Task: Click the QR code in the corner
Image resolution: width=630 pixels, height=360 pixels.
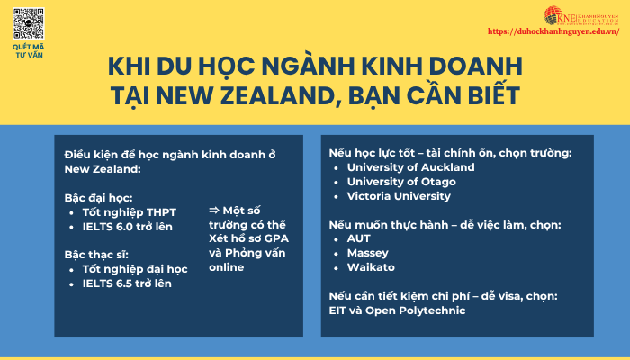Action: (x=29, y=22)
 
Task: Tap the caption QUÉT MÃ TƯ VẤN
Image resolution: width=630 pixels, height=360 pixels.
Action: (x=29, y=50)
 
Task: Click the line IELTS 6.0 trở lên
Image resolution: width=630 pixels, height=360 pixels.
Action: (x=127, y=226)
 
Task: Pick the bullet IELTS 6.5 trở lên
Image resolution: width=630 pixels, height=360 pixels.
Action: (x=127, y=283)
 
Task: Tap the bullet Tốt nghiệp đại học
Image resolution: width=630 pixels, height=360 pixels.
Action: (x=134, y=269)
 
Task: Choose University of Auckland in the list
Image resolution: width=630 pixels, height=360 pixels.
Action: (x=410, y=167)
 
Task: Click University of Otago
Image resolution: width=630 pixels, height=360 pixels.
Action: (x=401, y=182)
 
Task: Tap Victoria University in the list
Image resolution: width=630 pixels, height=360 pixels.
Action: (x=399, y=196)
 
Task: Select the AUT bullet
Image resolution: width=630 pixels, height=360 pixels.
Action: (x=358, y=239)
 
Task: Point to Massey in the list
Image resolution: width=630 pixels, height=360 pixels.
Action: (x=367, y=254)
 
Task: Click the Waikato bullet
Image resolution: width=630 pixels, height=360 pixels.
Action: (x=370, y=268)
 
